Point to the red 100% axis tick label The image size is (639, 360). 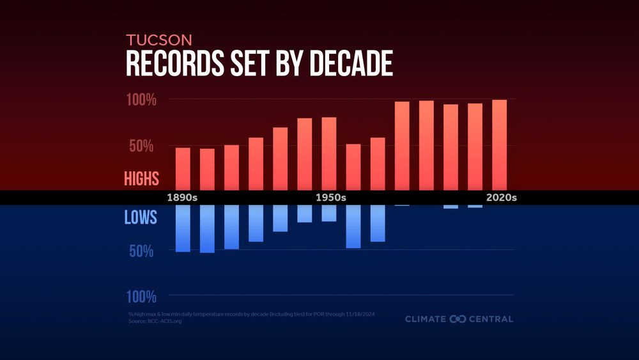point(140,100)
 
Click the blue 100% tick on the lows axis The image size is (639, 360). point(140,297)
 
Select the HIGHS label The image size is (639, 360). point(141,178)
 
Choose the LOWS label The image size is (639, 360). point(141,218)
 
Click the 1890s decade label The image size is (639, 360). point(182,198)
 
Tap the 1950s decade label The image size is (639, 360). point(331,198)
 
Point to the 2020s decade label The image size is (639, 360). point(501,198)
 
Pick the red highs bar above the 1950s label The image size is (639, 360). point(329,153)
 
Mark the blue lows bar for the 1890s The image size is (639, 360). point(183,228)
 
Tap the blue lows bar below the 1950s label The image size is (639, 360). point(329,213)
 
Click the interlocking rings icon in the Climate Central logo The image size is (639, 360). point(458,318)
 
